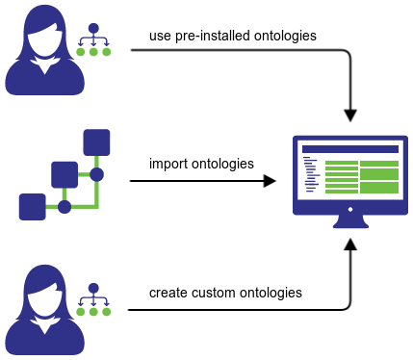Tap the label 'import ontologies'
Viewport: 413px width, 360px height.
click(201, 163)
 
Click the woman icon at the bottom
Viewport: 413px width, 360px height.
click(41, 307)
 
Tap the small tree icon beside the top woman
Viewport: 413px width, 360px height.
click(93, 39)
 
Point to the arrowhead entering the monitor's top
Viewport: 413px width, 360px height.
click(350, 113)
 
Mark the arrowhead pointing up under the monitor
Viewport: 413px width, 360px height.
click(350, 246)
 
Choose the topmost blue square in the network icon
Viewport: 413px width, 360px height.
click(96, 142)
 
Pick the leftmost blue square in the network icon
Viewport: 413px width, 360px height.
click(33, 206)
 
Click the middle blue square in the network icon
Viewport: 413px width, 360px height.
click(65, 174)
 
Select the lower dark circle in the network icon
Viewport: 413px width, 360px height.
click(65, 207)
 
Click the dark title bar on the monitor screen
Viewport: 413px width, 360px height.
click(350, 149)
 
